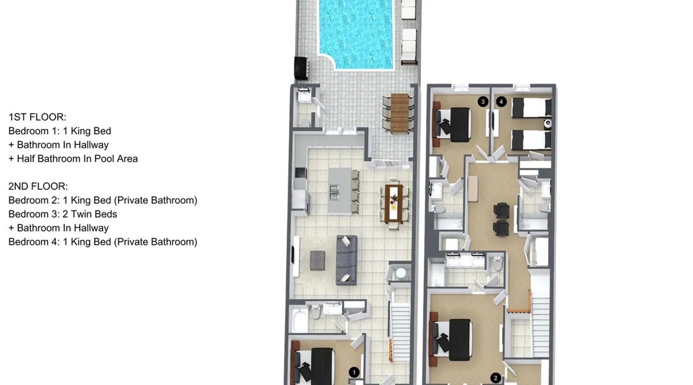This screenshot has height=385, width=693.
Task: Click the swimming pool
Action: coord(356,34)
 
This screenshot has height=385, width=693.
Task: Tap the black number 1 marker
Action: coord(354,372)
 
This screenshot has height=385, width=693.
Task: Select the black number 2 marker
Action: coord(495,378)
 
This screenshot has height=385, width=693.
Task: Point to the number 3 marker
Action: coord(483,102)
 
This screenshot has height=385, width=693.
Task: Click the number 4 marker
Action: coord(501,102)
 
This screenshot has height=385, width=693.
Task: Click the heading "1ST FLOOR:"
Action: coord(37,117)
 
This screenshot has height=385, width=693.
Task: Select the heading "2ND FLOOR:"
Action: coord(38,186)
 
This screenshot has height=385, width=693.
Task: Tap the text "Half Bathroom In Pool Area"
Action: coord(77,159)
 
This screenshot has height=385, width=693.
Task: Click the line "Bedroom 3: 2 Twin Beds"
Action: coord(63,214)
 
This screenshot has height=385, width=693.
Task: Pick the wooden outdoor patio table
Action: coord(399,113)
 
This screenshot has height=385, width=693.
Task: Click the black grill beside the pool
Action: coord(301,68)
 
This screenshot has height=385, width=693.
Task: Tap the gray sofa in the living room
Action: coord(346,260)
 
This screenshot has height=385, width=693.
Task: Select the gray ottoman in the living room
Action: coord(317,260)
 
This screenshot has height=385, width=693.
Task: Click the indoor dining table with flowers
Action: coord(393,204)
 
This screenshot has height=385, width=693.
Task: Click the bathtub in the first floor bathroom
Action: coord(299,320)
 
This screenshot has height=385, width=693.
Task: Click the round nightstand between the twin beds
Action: coord(547,123)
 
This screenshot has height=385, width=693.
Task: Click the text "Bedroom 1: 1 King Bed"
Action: coord(60,131)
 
